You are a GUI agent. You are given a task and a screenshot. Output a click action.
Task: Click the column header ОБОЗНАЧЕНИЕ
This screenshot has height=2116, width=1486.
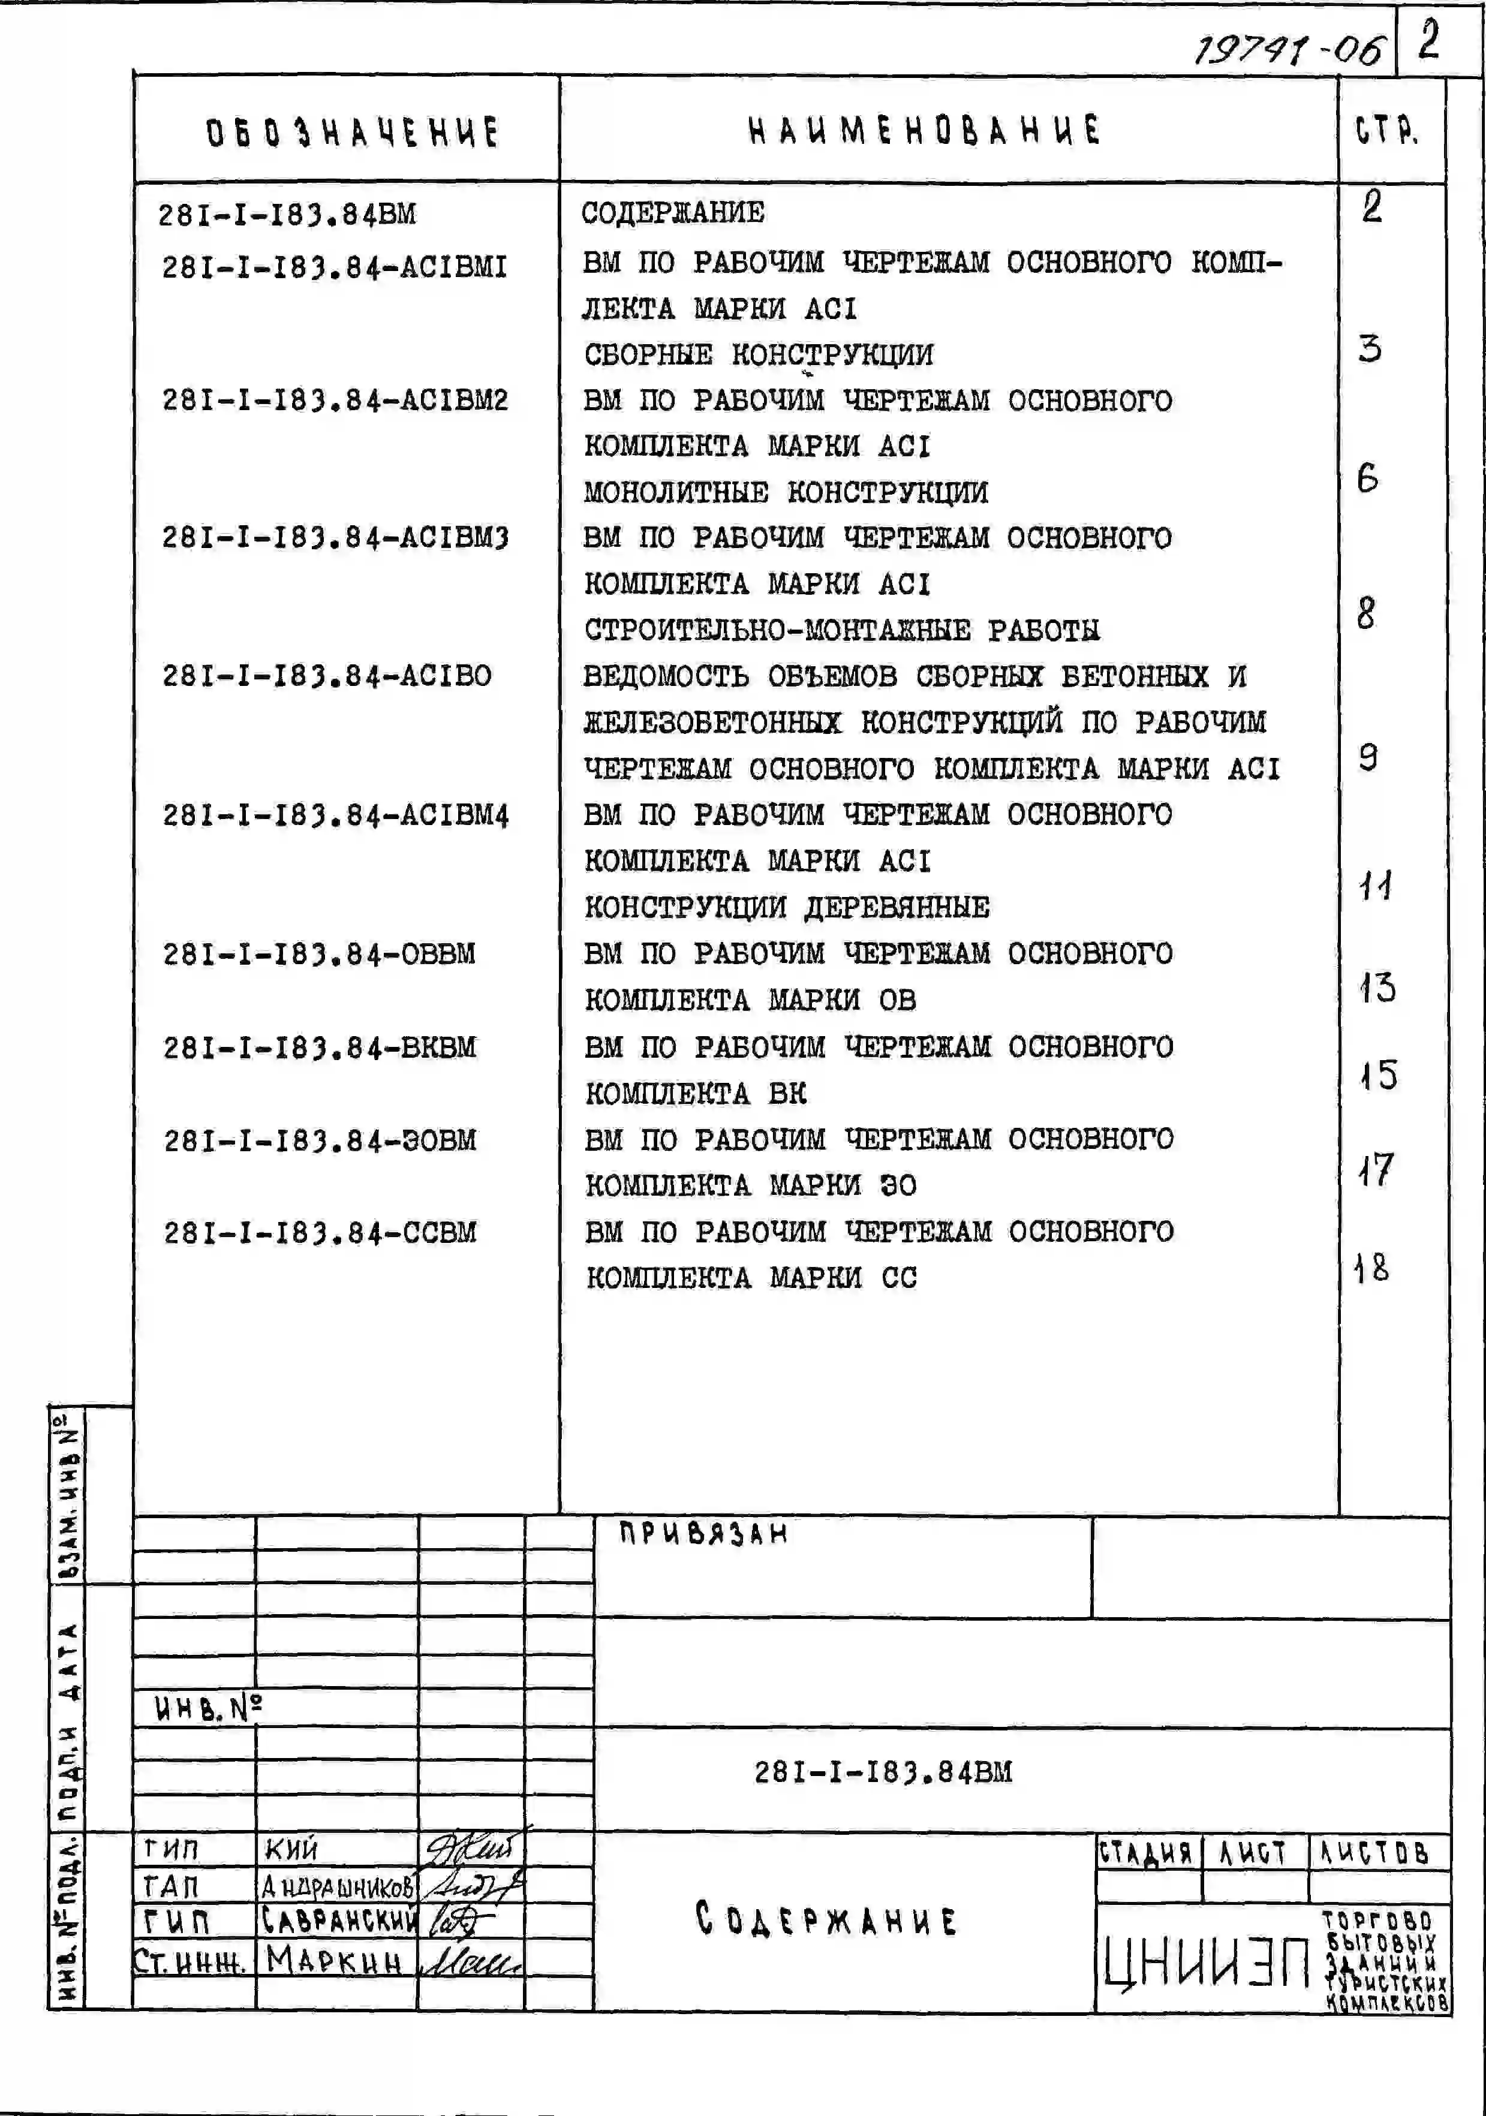pos(351,133)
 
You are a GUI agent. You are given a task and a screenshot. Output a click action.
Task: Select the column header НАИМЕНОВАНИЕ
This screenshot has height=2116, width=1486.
pos(924,131)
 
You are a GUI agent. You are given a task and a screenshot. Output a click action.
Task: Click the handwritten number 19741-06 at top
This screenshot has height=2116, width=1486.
pos(1289,48)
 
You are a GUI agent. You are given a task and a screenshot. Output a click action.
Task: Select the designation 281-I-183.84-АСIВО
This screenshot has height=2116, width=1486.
pos(326,676)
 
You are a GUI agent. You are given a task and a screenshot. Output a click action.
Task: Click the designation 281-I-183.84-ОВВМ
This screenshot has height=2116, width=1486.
pos(319,954)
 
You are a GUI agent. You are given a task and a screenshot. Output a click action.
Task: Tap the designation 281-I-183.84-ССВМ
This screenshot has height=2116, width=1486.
pos(320,1233)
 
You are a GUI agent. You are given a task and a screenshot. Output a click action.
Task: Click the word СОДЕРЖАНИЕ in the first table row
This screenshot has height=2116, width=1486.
pos(672,213)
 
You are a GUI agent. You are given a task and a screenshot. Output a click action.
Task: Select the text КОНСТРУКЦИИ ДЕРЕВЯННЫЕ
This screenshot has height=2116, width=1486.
pos(786,908)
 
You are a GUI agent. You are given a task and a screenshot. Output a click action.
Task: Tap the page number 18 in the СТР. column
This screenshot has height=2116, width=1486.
pos(1371,1268)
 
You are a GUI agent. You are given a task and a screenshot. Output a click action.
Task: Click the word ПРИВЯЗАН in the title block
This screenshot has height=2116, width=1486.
pos(703,1534)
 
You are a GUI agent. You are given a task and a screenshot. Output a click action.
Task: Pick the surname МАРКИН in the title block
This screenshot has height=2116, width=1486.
pos(333,1960)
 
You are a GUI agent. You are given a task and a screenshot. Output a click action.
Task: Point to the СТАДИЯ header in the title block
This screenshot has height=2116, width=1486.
pos(1146,1852)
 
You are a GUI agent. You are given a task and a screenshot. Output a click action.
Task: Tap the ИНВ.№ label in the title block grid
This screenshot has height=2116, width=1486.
pos(208,1709)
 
